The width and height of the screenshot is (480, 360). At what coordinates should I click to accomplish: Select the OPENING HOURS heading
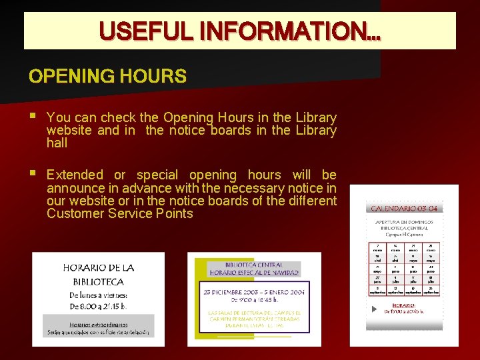[x=107, y=76]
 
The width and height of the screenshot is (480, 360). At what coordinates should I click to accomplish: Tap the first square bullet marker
[x=33, y=117]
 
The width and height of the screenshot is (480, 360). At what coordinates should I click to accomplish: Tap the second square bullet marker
[x=33, y=174]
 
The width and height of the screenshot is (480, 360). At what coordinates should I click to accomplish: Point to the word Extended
[x=75, y=175]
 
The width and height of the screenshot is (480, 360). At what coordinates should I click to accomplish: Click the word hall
[x=57, y=143]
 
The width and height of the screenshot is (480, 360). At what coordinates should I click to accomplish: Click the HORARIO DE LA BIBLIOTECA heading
[x=99, y=275]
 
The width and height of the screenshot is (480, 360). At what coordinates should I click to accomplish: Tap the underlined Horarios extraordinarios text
[x=99, y=323]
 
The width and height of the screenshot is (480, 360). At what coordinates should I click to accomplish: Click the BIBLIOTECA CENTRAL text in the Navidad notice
[x=255, y=265]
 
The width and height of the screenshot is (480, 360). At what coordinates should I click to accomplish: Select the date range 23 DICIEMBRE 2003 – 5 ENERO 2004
[x=255, y=291]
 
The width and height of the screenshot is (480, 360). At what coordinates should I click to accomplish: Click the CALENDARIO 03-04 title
[x=404, y=209]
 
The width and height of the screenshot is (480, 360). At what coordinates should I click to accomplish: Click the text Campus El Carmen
[x=404, y=234]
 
